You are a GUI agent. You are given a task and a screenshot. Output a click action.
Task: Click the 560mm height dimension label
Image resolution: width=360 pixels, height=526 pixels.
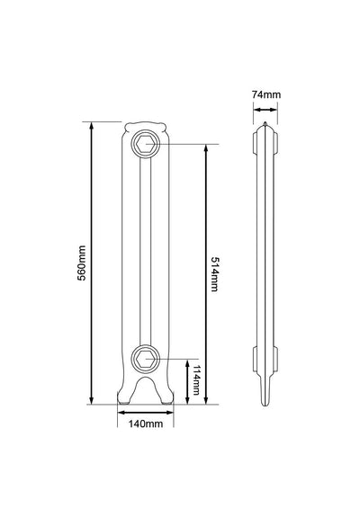tap(82, 263)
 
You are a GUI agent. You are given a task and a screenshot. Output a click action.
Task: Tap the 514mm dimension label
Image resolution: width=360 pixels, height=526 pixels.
tap(214, 274)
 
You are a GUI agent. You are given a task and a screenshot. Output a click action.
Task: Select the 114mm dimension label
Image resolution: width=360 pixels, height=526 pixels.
tap(196, 379)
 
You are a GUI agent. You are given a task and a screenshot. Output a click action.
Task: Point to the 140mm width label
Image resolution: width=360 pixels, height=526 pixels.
tap(146, 423)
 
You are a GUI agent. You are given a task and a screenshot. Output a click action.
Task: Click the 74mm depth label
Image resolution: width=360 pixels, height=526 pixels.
tap(266, 94)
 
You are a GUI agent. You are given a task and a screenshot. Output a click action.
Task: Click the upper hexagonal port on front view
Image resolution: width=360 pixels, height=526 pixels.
tap(145, 145)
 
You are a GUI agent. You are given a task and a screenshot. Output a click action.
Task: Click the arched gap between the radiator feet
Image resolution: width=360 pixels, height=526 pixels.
tap(146, 390)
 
